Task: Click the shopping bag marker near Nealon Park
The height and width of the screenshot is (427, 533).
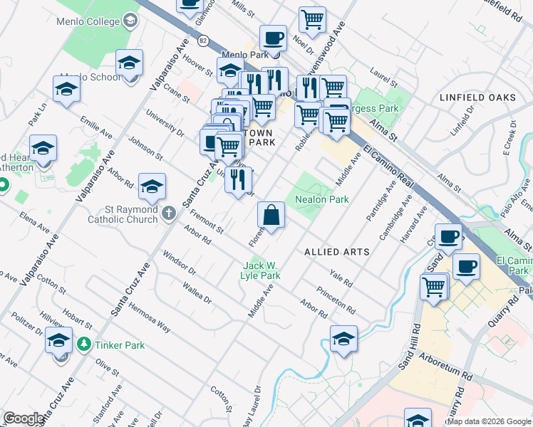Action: [271, 214]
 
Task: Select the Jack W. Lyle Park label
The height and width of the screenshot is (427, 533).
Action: [260, 270]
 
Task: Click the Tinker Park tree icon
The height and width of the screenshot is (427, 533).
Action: [84, 345]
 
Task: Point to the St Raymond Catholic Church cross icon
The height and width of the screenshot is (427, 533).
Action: [168, 212]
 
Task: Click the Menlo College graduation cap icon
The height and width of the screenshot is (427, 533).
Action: [130, 21]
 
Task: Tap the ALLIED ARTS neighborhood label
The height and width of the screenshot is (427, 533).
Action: [336, 252]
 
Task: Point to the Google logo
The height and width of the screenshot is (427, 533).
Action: [24, 418]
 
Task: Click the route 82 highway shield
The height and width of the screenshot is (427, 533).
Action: [204, 41]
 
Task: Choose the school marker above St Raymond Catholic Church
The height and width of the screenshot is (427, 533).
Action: [152, 188]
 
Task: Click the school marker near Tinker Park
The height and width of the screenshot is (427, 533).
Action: [58, 340]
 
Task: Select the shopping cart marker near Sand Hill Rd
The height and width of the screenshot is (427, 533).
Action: [433, 288]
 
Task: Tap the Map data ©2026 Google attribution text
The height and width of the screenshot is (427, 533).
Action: [489, 421]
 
